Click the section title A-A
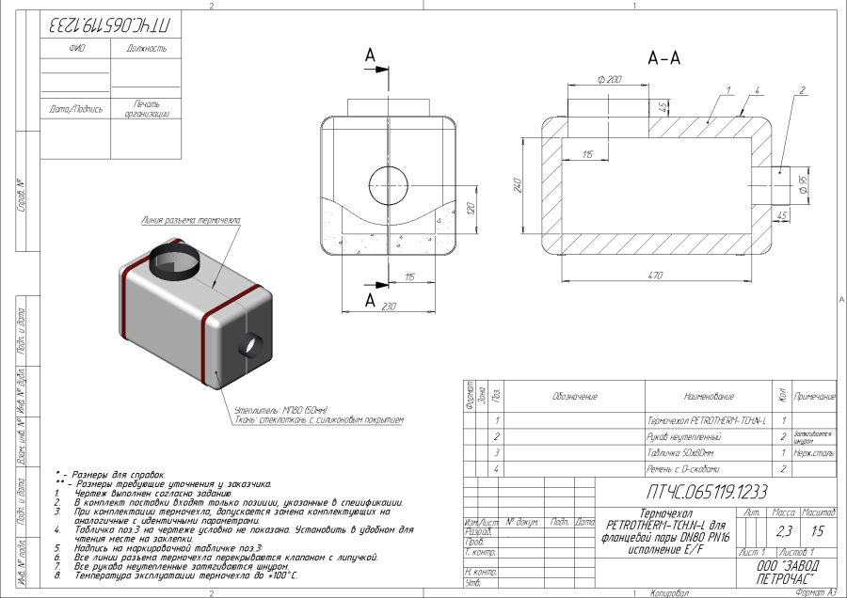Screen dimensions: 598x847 point(664,58)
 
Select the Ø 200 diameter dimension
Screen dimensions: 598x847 point(610,80)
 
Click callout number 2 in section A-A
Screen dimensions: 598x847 point(802,90)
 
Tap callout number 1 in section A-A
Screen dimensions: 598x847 point(728,90)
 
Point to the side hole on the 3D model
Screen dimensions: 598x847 point(251,345)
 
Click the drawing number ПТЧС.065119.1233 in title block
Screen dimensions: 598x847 point(707,491)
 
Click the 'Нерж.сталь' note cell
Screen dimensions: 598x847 point(814,452)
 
